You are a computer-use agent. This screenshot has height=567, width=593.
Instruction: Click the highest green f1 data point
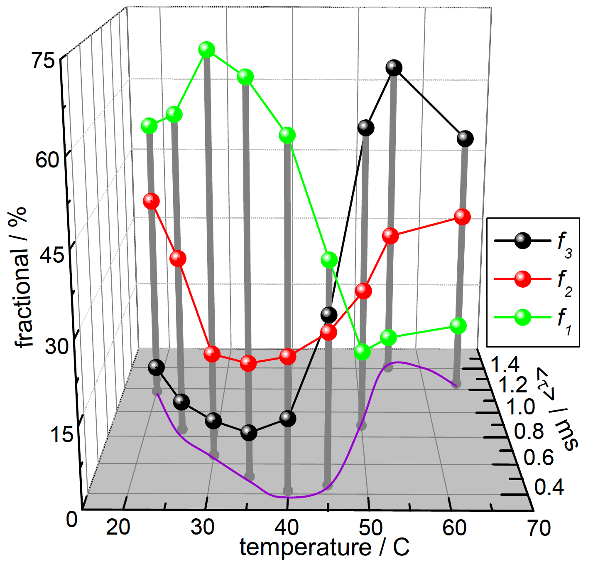click(x=206, y=50)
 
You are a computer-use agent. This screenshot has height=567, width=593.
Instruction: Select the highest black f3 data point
click(x=394, y=67)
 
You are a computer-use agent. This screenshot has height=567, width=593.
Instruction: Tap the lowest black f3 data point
click(x=249, y=433)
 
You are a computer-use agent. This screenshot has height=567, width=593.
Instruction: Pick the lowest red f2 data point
click(x=248, y=363)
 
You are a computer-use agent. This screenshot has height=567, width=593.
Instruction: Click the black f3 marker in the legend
click(x=522, y=240)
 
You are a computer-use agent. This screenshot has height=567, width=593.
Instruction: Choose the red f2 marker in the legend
click(x=522, y=279)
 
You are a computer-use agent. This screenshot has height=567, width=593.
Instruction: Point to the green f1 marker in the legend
click(x=522, y=318)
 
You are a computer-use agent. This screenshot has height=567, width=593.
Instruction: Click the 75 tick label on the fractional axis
click(x=43, y=61)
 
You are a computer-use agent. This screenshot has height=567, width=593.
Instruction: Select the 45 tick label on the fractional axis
click(x=52, y=254)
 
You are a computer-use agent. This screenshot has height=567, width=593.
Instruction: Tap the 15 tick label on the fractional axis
click(x=61, y=435)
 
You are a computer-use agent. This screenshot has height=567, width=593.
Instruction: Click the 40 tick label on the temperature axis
click(x=287, y=528)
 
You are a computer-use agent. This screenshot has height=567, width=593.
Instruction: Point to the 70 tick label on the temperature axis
click(x=539, y=528)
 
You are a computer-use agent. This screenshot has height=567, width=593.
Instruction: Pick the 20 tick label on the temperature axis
click(x=118, y=528)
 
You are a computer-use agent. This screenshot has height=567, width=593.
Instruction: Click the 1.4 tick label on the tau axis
click(x=505, y=365)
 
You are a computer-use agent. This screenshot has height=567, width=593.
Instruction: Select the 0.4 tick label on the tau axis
click(x=549, y=487)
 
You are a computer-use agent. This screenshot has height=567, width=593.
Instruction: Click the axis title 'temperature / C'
click(x=324, y=548)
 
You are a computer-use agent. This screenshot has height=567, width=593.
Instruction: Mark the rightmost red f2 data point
click(x=462, y=217)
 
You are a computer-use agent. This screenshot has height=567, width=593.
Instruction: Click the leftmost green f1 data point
click(x=149, y=126)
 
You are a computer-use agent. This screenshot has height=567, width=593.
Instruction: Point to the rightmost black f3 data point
click(x=465, y=138)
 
